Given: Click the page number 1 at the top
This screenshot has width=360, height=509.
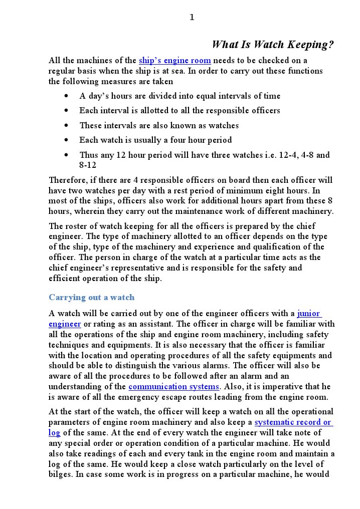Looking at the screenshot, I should click(x=192, y=18).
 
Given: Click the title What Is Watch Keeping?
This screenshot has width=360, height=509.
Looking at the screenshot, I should click(x=272, y=45).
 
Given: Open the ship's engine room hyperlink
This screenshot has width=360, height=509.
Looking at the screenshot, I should click(x=174, y=61).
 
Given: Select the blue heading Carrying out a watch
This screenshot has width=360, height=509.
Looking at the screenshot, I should click(x=92, y=297).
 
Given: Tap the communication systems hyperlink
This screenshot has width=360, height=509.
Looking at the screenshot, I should click(x=173, y=387).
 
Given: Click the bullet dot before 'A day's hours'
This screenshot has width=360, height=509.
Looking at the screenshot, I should click(x=67, y=96).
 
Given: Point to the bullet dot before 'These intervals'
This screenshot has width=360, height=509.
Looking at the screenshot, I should click(x=67, y=126).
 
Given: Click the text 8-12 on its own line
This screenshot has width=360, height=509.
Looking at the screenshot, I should click(x=88, y=165).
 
